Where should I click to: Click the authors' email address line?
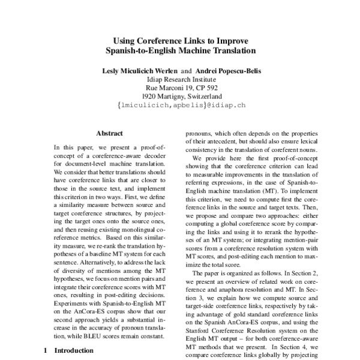click(179, 105)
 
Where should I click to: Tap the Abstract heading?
click(109, 134)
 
